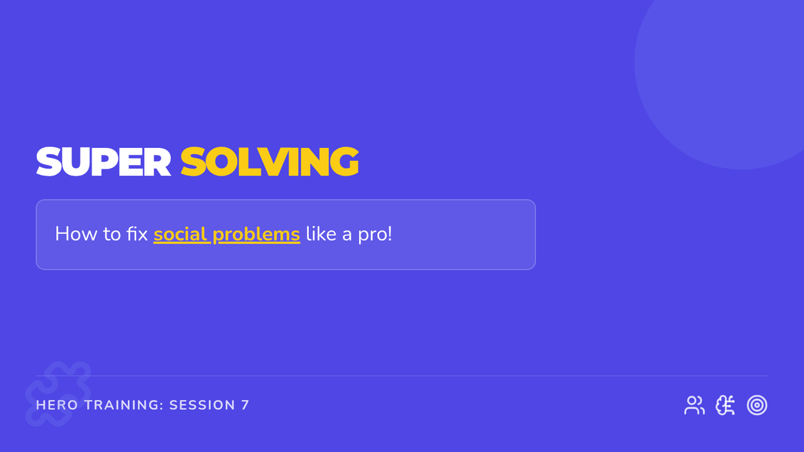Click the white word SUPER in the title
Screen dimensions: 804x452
(x=103, y=162)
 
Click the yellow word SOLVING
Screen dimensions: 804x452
(x=269, y=162)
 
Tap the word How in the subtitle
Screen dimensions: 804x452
(x=76, y=234)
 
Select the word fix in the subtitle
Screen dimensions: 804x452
(x=137, y=234)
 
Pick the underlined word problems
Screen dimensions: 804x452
(x=256, y=235)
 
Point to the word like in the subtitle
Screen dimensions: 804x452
(x=321, y=234)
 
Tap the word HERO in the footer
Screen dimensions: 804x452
(x=57, y=405)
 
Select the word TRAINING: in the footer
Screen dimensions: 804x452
(x=124, y=405)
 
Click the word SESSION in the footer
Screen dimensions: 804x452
(x=202, y=405)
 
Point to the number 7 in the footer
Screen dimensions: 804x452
(x=245, y=405)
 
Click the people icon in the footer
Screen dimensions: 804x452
(x=694, y=405)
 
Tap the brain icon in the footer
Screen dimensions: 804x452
(x=725, y=405)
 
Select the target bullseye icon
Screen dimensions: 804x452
(x=757, y=405)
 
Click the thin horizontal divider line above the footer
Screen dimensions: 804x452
(x=402, y=376)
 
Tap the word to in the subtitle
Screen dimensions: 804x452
(x=112, y=234)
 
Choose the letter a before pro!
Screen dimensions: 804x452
(x=347, y=236)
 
